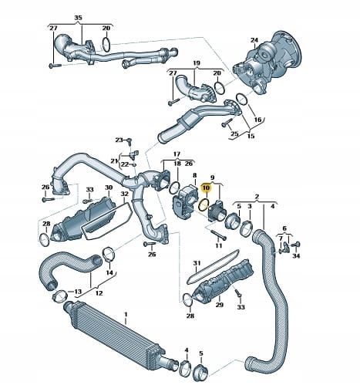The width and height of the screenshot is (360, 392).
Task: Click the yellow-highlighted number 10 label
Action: [207, 188]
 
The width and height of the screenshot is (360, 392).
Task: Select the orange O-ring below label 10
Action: [204, 204]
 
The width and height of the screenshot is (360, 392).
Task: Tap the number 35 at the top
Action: [78, 18]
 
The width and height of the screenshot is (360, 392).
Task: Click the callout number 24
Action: [254, 40]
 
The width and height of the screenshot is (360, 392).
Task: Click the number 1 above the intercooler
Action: [126, 314]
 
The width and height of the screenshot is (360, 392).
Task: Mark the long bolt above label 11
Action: [218, 235]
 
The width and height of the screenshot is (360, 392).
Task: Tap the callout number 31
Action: [197, 263]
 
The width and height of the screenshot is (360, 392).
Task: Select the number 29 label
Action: [219, 305]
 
